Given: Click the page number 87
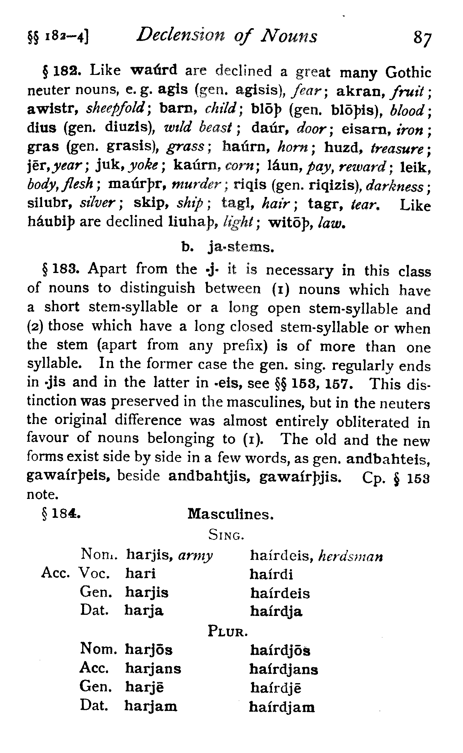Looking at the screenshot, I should click(x=422, y=38).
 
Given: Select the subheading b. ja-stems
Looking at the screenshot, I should click(x=228, y=246).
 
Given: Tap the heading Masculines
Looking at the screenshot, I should click(x=230, y=514).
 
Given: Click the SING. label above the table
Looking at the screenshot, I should click(x=226, y=535).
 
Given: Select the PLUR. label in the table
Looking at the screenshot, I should click(x=227, y=632).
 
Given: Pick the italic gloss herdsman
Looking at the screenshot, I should click(x=351, y=556).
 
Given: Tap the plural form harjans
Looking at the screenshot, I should click(x=153, y=668).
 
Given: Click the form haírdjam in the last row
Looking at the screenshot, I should click(x=282, y=707).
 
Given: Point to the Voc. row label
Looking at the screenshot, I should click(x=95, y=574).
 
